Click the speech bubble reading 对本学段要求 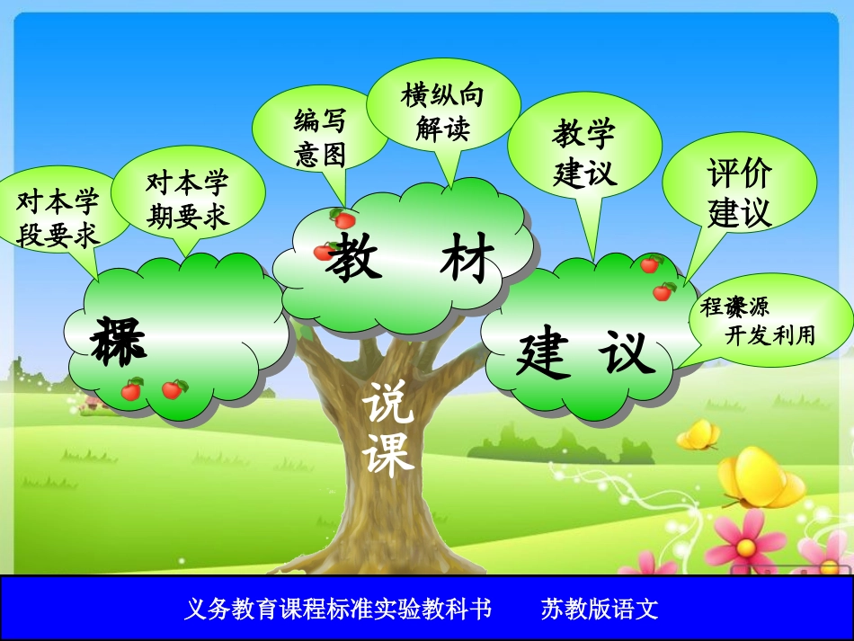58,216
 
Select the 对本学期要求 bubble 188,199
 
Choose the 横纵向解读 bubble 442,111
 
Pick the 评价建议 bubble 739,192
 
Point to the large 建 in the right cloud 544,354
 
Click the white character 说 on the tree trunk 388,405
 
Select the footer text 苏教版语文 600,610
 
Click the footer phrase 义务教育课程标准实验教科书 338,610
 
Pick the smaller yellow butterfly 698,435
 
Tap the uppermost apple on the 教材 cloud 343,218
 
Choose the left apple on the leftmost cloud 132,389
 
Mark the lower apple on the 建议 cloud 664,291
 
